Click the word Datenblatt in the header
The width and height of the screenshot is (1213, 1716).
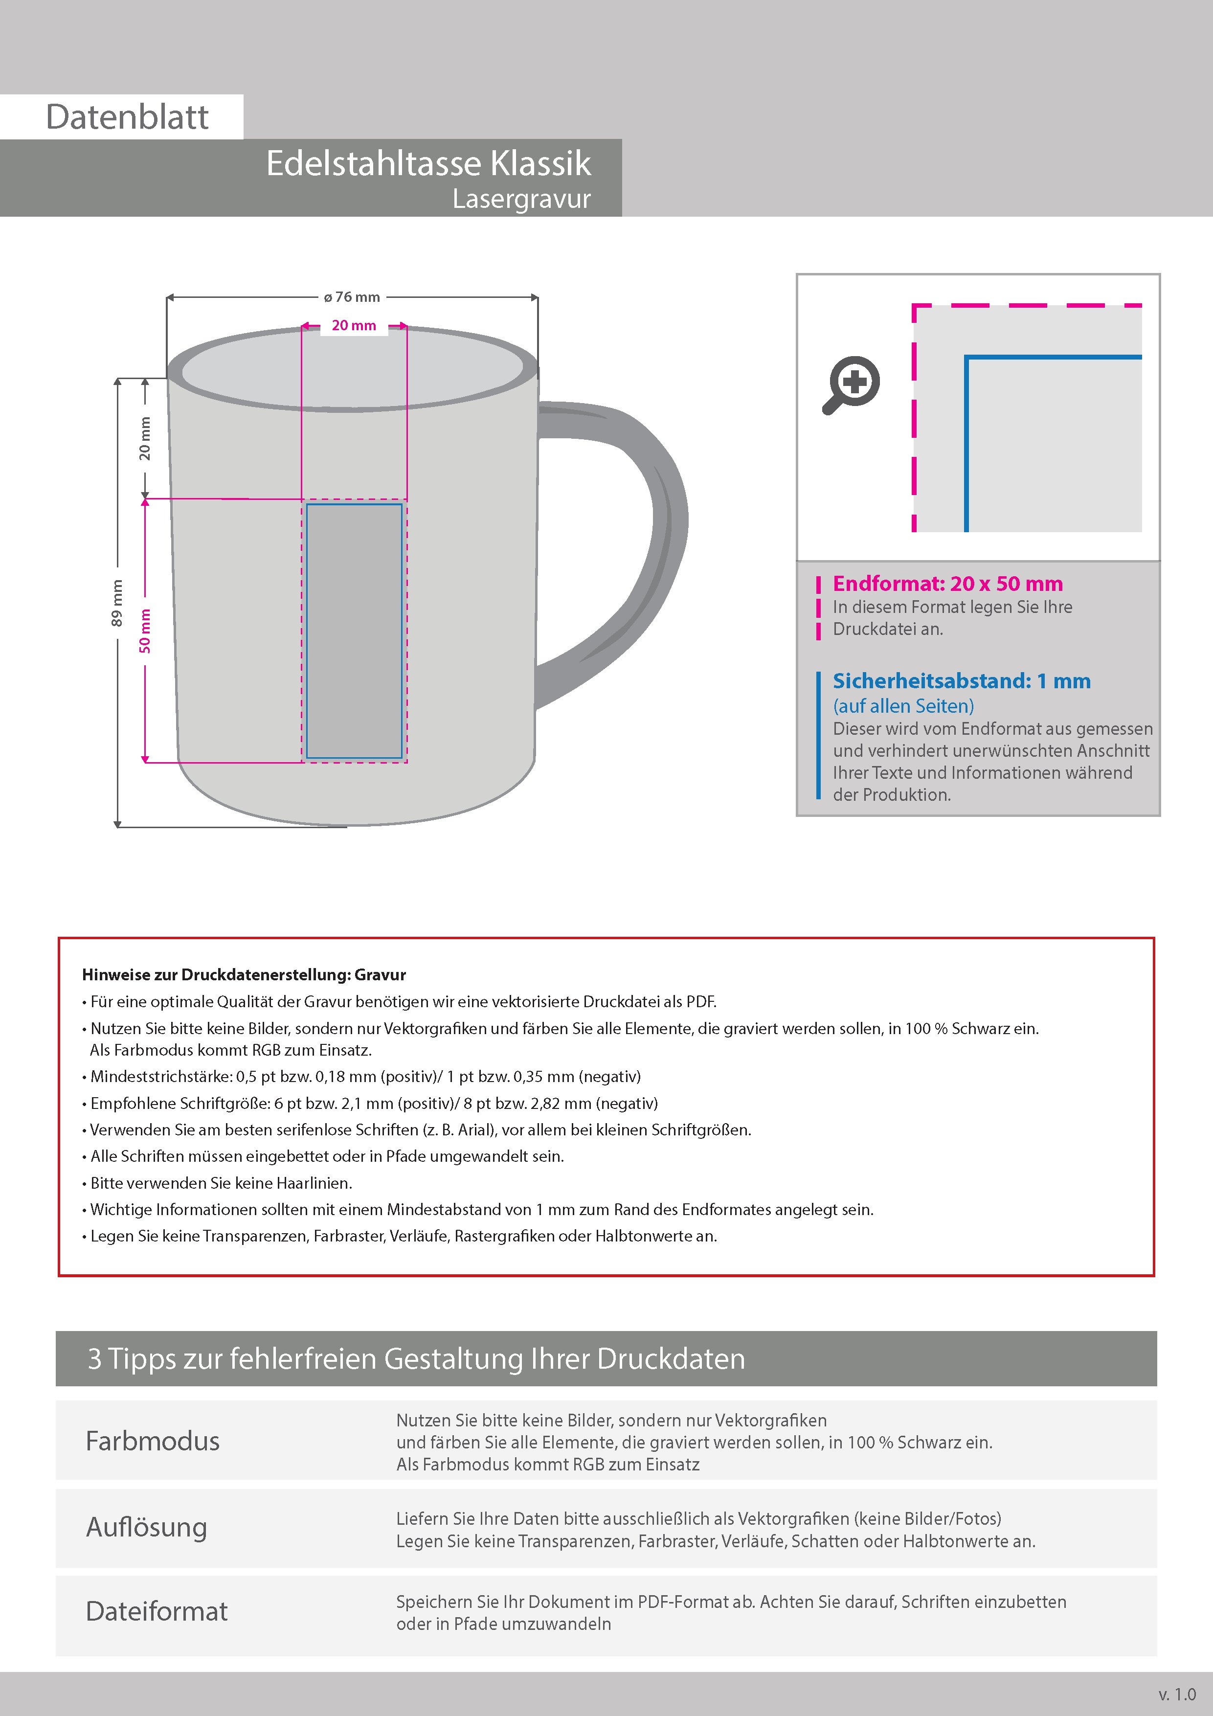click(x=127, y=117)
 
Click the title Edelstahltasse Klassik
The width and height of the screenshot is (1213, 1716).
click(x=428, y=164)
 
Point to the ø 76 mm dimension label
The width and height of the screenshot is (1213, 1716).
click(x=352, y=297)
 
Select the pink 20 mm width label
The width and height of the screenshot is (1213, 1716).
click(x=354, y=326)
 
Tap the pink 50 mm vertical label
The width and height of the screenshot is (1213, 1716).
click(x=145, y=631)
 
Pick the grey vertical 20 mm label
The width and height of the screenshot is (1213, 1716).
click(x=145, y=439)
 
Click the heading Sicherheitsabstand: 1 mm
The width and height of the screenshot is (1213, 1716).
click(x=961, y=681)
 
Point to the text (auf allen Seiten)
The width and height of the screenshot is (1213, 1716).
click(x=903, y=705)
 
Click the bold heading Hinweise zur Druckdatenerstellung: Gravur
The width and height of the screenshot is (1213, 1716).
click(x=244, y=974)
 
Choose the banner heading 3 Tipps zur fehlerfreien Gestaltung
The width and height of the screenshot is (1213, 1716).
click(x=416, y=1358)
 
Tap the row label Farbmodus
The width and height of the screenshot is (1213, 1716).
click(x=153, y=1440)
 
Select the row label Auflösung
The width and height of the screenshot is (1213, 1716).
click(x=146, y=1526)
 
